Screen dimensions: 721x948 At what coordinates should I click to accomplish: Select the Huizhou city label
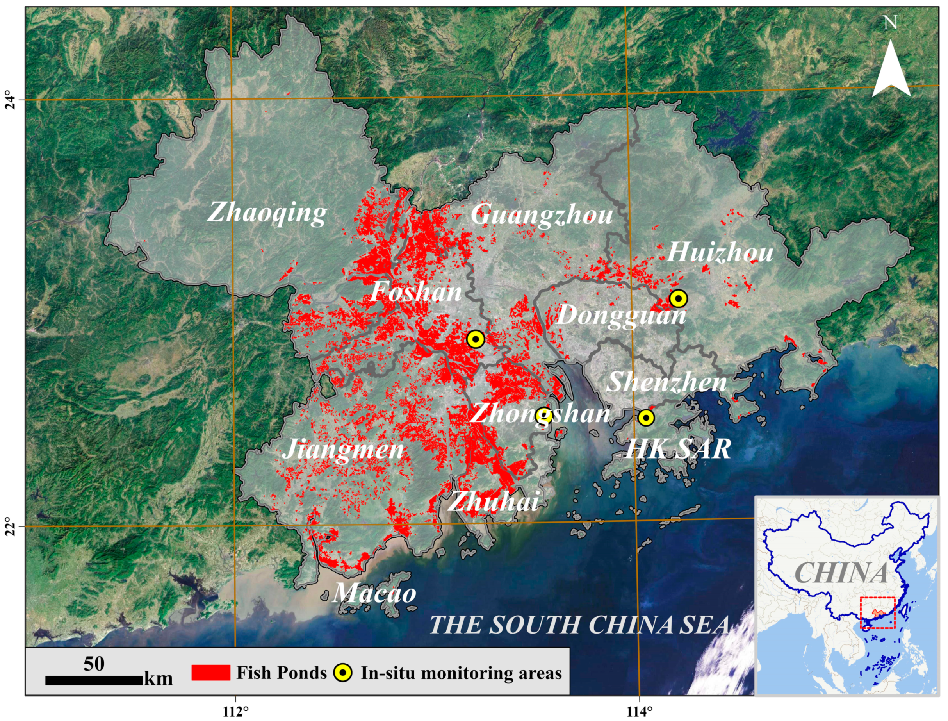pos(720,252)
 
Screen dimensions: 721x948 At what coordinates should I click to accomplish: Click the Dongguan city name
pos(621,316)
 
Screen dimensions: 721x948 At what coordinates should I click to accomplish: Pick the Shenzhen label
pos(666,382)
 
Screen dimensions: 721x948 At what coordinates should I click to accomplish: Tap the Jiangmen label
pos(343,450)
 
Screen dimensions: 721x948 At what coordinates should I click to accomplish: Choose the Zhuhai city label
pos(493,501)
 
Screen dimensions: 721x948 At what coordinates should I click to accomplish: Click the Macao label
pos(374,593)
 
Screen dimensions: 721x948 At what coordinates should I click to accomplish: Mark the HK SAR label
pos(678,449)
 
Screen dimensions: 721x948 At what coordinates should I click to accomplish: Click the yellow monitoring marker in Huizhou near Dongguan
pos(679,298)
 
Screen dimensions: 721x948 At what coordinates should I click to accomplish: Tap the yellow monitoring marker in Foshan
pos(475,339)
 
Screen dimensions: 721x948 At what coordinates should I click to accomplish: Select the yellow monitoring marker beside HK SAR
pos(646,418)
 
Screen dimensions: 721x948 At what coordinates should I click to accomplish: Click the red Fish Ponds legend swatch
pos(210,673)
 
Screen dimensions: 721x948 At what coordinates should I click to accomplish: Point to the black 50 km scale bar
pos(94,681)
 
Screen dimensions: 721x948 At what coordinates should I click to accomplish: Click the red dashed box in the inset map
pos(878,612)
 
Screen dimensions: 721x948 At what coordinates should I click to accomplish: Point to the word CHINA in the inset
pos(841,573)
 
